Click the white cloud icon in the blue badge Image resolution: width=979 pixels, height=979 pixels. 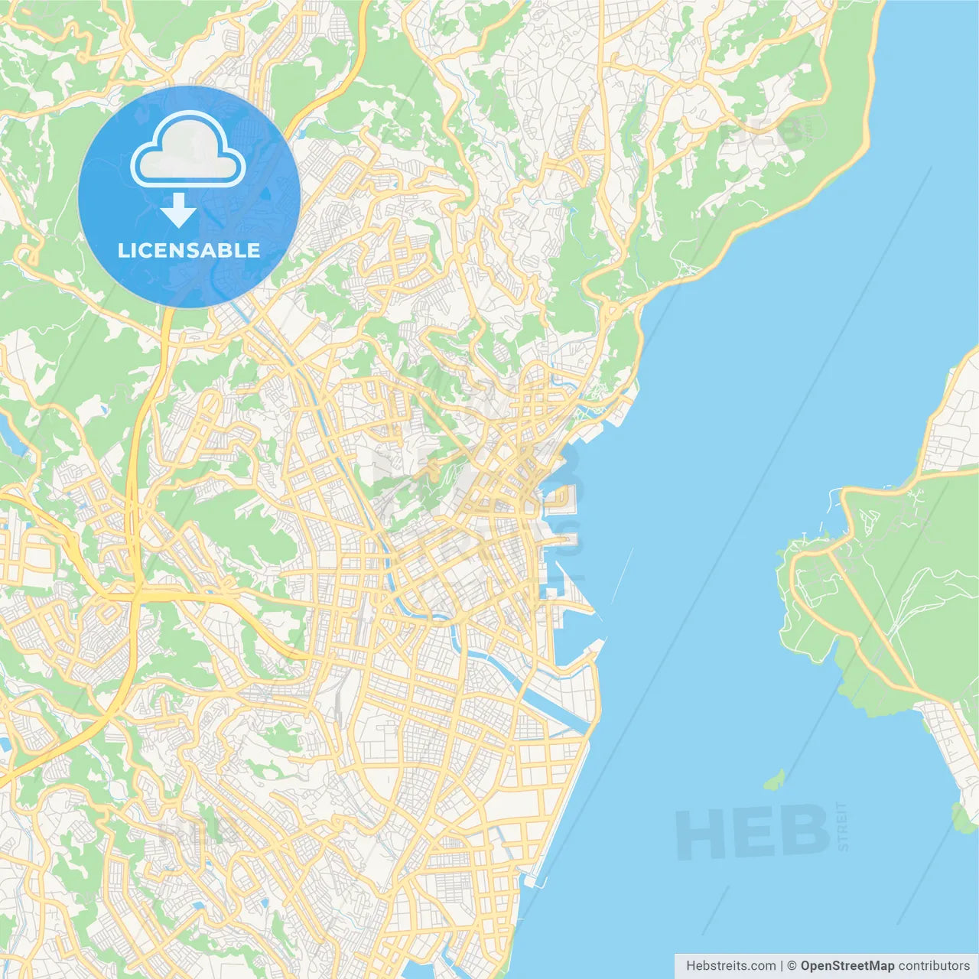pyautogui.click(x=188, y=151)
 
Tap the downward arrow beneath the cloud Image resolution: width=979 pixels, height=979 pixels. pyautogui.click(x=178, y=210)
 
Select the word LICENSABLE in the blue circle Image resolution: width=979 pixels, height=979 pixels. pyautogui.click(x=189, y=250)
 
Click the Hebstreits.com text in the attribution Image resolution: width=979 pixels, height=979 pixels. pyautogui.click(x=730, y=966)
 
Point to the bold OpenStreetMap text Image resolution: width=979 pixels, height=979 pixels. pyautogui.click(x=847, y=966)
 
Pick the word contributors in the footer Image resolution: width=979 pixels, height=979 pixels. pyautogui.click(x=933, y=966)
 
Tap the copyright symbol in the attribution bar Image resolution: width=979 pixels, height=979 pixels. pyautogui.click(x=792, y=966)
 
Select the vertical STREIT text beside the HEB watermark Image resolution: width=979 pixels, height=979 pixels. pyautogui.click(x=843, y=826)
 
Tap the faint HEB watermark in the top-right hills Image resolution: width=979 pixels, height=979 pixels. pyautogui.click(x=761, y=132)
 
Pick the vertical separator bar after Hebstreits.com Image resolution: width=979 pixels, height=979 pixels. pyautogui.click(x=781, y=966)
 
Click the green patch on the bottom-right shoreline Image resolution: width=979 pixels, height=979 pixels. pyautogui.click(x=962, y=818)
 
